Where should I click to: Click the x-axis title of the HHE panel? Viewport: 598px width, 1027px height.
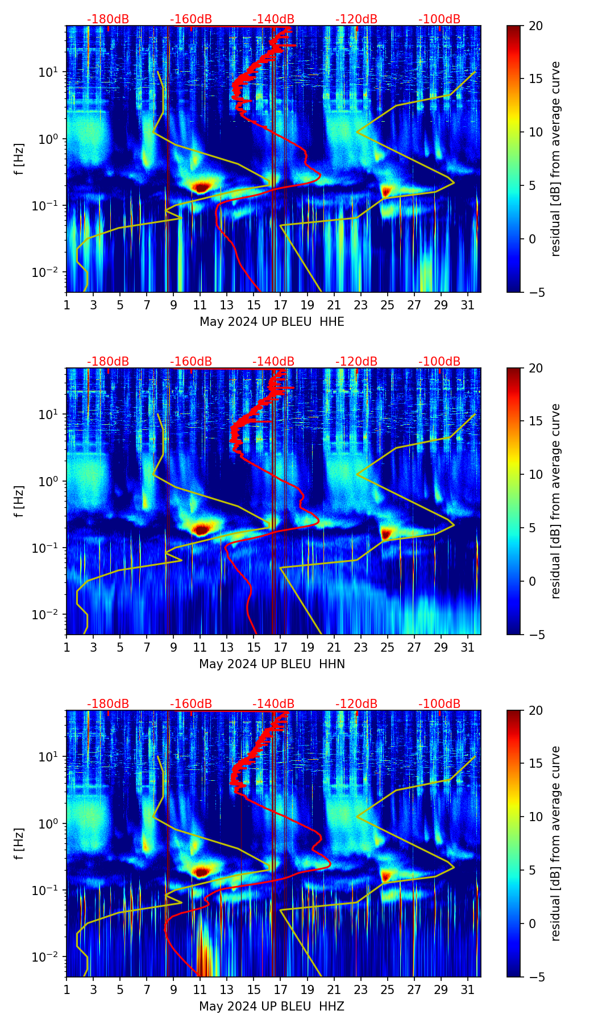point(272,322)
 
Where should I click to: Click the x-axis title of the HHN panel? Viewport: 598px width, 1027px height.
point(272,664)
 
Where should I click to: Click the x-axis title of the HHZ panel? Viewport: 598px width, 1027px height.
point(272,1007)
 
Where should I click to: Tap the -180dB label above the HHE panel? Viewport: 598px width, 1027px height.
point(108,19)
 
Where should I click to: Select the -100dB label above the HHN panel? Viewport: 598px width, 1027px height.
point(439,362)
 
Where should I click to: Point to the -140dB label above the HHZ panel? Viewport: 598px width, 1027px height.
point(273,704)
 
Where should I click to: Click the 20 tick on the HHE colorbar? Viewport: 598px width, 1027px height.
point(535,26)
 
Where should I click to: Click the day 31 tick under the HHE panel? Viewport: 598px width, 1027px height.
point(468,305)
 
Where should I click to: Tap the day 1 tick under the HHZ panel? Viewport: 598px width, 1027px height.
point(67,989)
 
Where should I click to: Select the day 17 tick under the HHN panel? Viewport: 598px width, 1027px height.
point(281,647)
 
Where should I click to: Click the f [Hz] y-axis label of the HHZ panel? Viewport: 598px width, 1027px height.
point(19,844)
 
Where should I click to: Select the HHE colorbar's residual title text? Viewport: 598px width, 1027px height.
point(556,159)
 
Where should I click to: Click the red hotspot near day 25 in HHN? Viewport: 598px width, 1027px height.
point(387,533)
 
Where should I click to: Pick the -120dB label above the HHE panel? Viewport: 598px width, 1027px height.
point(356,19)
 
